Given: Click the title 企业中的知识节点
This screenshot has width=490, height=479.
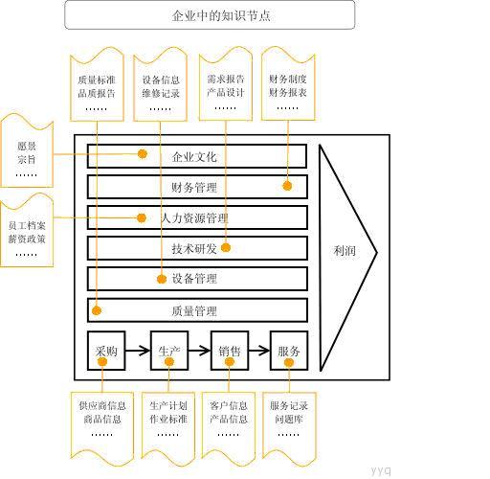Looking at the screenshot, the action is pyautogui.click(x=221, y=15).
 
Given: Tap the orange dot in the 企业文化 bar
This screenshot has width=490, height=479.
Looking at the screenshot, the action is pyautogui.click(x=143, y=154).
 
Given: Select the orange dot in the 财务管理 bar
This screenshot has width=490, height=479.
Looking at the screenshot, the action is pyautogui.click(x=287, y=186).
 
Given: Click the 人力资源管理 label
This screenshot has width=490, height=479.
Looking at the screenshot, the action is pyautogui.click(x=194, y=218).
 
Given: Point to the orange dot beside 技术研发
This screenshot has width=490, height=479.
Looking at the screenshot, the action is pyautogui.click(x=226, y=247).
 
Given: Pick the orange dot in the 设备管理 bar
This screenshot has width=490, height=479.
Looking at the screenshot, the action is pyautogui.click(x=162, y=279).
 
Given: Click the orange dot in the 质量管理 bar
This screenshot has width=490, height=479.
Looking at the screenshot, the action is pyautogui.click(x=97, y=310).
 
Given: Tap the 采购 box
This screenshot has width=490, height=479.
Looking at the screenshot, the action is pyautogui.click(x=106, y=351).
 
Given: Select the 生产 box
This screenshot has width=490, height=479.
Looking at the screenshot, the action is pyautogui.click(x=169, y=351).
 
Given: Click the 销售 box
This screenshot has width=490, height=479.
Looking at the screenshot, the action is pyautogui.click(x=230, y=351).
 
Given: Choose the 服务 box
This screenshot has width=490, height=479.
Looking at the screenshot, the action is pyautogui.click(x=289, y=351).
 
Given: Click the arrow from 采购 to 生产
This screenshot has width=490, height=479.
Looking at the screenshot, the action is pyautogui.click(x=138, y=351).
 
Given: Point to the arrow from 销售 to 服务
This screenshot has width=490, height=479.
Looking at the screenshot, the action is pyautogui.click(x=259, y=351).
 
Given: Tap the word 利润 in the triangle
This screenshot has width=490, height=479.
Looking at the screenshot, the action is pyautogui.click(x=345, y=251).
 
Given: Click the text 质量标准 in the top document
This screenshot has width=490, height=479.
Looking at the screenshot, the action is pyautogui.click(x=97, y=80).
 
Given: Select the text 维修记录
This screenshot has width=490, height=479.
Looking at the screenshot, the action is pyautogui.click(x=161, y=93).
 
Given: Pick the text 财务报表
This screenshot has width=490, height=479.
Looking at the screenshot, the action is pyautogui.click(x=288, y=92).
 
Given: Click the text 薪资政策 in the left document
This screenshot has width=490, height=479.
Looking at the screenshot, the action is pyautogui.click(x=27, y=239).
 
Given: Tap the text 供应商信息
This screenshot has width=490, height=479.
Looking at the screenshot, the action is pyautogui.click(x=102, y=406).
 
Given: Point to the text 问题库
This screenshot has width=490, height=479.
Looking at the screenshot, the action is pyautogui.click(x=289, y=419).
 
